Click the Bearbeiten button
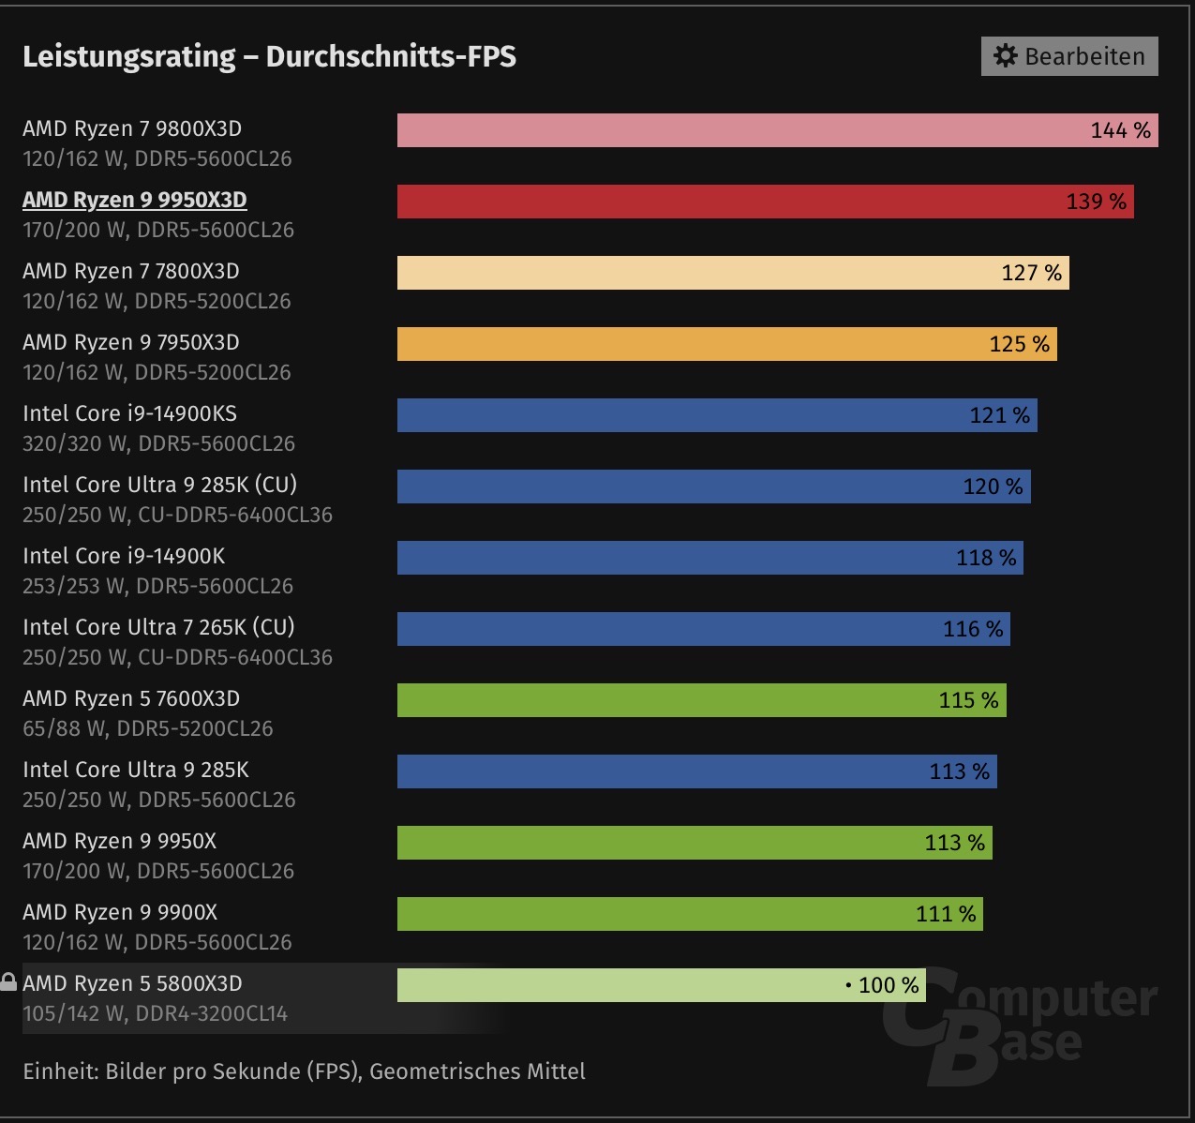(x=1069, y=56)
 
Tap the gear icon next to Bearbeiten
(x=1005, y=56)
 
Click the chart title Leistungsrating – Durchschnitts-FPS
(x=269, y=56)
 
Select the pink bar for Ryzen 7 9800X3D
(x=731, y=130)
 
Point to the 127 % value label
(x=1031, y=273)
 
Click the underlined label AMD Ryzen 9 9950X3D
(x=135, y=200)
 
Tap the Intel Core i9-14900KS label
(x=129, y=413)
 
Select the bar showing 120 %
(x=675, y=487)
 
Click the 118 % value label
(x=986, y=558)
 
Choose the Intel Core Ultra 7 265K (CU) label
(x=158, y=627)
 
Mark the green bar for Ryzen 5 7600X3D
(x=656, y=700)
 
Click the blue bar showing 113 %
(x=656, y=771)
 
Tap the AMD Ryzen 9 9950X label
(x=119, y=841)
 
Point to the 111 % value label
(x=946, y=914)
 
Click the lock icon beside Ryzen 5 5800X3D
(x=8, y=982)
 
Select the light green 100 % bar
(x=619, y=985)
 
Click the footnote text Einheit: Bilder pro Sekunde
(x=304, y=1071)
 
